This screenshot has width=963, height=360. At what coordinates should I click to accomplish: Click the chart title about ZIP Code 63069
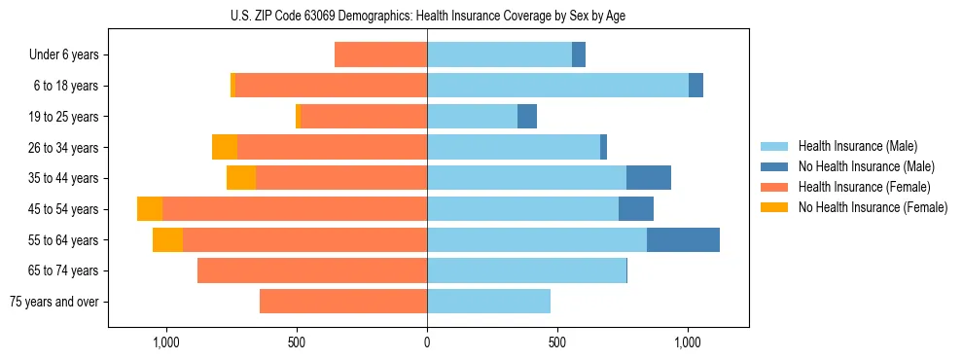coord(428,15)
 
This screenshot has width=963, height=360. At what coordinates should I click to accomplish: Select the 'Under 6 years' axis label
coord(64,54)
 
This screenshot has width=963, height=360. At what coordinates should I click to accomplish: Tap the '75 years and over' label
coord(53,302)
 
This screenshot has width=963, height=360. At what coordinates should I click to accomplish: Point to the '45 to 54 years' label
coord(63,209)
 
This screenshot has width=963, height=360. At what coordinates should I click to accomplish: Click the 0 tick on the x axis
coord(427,342)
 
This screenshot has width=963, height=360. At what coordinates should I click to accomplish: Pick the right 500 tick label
coord(557,342)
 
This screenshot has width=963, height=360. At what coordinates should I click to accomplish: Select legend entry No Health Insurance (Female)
coord(873,207)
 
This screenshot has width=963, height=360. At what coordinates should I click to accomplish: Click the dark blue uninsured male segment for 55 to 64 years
coord(683,240)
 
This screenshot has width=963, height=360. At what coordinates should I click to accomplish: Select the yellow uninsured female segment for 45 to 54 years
coord(150,209)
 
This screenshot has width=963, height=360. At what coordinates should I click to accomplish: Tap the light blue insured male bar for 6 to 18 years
coord(557,86)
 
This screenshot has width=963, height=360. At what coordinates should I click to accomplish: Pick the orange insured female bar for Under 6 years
coord(380,54)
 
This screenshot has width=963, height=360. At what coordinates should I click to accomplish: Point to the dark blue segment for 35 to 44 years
coord(649,178)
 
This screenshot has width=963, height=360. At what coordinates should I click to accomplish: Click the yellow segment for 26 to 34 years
coord(225,147)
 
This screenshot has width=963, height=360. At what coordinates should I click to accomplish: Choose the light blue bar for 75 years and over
coord(488,302)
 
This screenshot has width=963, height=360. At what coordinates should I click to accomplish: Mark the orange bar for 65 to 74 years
coord(312,270)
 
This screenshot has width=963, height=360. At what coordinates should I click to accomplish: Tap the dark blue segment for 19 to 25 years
coord(527,117)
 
